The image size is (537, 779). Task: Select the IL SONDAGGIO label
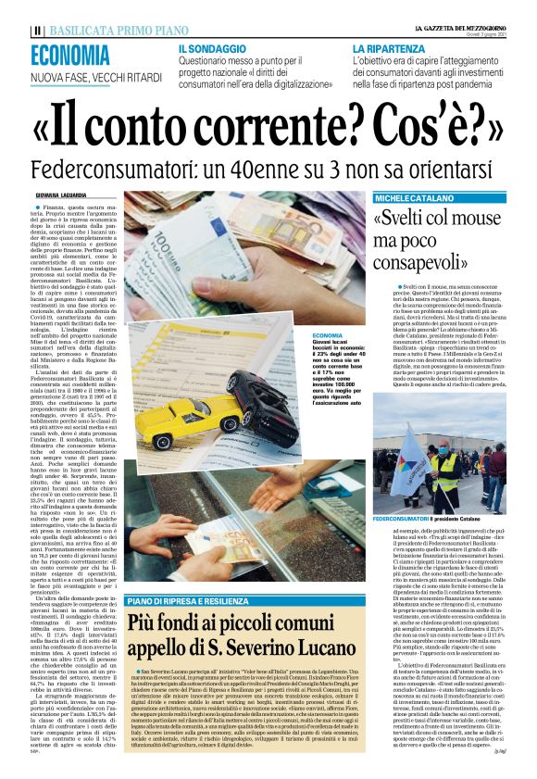212,46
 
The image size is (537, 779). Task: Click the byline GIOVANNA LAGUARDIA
64,195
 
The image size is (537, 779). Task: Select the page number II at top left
36,30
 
